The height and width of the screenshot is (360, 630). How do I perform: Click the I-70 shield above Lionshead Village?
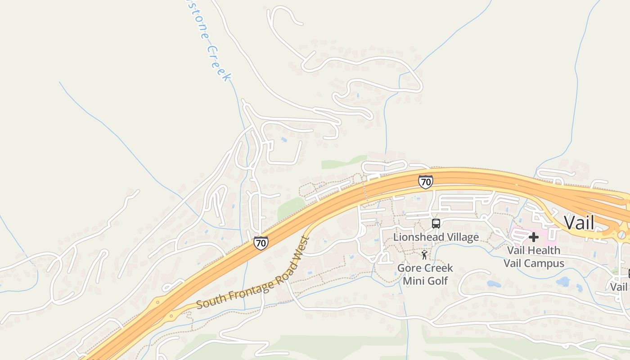(x=425, y=182)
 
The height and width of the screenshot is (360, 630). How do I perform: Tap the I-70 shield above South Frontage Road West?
(x=261, y=243)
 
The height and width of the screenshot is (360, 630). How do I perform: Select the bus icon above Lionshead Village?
(x=436, y=223)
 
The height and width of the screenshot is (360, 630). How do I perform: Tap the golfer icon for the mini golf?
(x=424, y=255)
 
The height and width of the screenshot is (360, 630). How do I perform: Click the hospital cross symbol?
(x=534, y=237)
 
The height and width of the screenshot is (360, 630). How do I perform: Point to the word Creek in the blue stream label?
(x=220, y=63)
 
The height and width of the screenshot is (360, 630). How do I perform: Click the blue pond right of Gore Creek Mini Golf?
(x=494, y=284)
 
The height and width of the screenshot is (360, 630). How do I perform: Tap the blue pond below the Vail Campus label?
(x=563, y=282)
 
